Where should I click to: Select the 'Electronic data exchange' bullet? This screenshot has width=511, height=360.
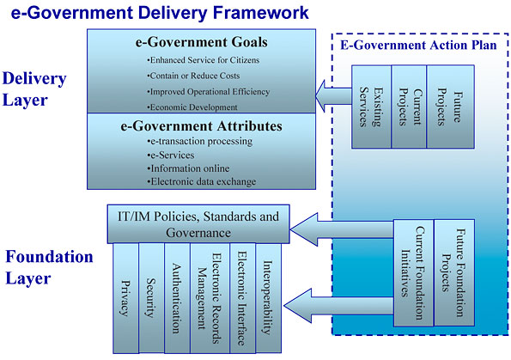(202, 181)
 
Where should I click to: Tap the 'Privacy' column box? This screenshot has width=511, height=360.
(126, 297)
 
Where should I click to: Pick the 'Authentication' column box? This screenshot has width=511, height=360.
(175, 297)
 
